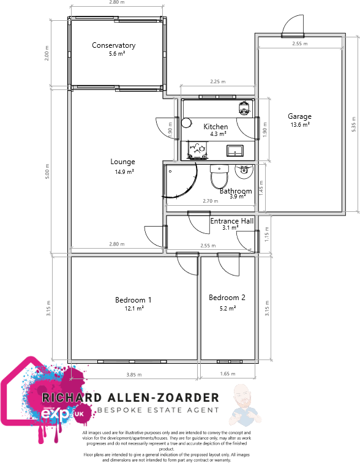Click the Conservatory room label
tap(113, 45)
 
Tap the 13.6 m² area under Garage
tap(300, 125)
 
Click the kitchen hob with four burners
tap(199, 148)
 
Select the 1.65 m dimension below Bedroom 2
tap(227, 374)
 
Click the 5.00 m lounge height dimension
tap(47, 172)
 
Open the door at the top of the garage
tap(291, 26)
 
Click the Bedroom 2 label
tap(227, 298)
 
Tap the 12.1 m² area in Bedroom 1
tap(133, 309)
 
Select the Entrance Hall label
tap(231, 220)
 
